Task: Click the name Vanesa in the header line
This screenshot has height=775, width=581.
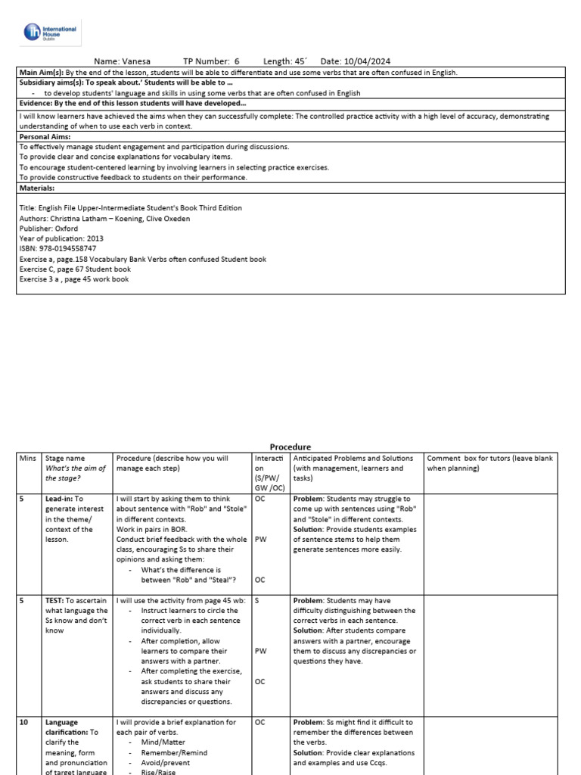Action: point(137,61)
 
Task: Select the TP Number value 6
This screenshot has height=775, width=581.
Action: point(237,61)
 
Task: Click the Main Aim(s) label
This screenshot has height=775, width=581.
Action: point(42,72)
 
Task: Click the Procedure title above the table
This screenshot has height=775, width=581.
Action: point(290,447)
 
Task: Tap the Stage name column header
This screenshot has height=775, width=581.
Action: point(65,458)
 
